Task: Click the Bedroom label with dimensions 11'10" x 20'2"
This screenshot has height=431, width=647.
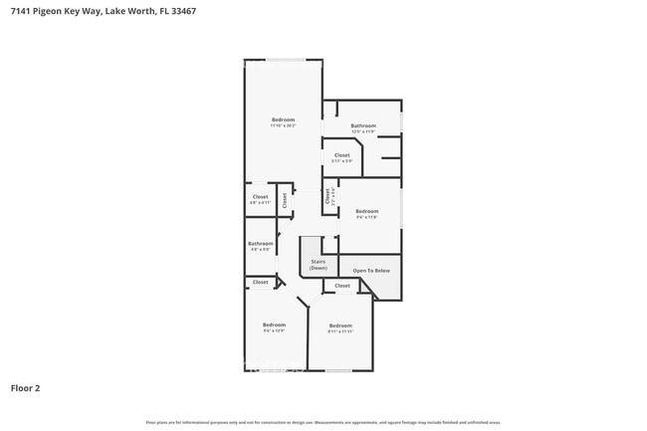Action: pyautogui.click(x=283, y=122)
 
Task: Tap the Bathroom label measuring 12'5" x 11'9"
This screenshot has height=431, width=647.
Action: pyautogui.click(x=363, y=128)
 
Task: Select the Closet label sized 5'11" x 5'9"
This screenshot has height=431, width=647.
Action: pyautogui.click(x=341, y=157)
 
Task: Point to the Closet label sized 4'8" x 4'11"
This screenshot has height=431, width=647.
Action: pyautogui.click(x=260, y=199)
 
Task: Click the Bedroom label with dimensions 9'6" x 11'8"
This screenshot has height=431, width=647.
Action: pyautogui.click(x=367, y=213)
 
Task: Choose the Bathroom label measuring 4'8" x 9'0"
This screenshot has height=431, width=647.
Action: pyautogui.click(x=261, y=246)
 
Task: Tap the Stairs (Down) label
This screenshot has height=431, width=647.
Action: pyautogui.click(x=318, y=264)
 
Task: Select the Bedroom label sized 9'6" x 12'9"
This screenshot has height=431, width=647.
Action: pyautogui.click(x=274, y=327)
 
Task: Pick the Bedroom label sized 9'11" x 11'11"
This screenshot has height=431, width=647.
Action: pyautogui.click(x=340, y=327)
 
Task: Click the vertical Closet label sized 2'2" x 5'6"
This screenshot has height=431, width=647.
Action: pyautogui.click(x=328, y=197)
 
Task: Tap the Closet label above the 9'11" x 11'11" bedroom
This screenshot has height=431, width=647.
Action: pyautogui.click(x=342, y=286)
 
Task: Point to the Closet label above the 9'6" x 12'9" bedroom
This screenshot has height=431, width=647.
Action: pyautogui.click(x=260, y=282)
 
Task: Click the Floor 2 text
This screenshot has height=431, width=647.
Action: pyautogui.click(x=25, y=387)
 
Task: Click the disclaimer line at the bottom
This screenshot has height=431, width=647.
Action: pyautogui.click(x=323, y=422)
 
